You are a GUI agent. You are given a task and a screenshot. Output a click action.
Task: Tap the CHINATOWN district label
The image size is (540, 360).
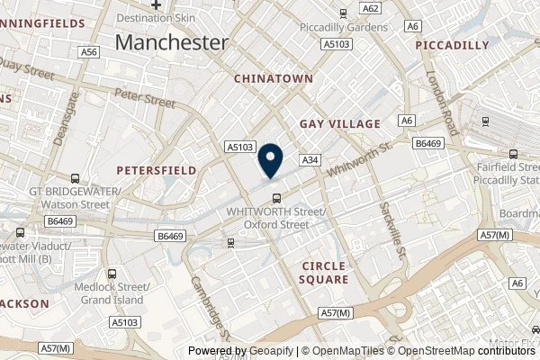[274, 79]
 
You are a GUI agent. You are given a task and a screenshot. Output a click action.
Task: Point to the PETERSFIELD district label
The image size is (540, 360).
[150, 168]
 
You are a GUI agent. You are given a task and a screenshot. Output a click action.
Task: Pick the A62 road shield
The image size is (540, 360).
[370, 8]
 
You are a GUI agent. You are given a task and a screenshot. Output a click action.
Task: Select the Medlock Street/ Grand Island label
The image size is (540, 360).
[112, 293]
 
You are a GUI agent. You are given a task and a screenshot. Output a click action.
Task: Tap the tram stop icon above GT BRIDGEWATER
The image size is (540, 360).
[75, 177]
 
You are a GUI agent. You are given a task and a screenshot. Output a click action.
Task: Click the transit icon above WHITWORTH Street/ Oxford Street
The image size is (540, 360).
[276, 199]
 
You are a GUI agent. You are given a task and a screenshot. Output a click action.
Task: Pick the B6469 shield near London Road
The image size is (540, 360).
[427, 142]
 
